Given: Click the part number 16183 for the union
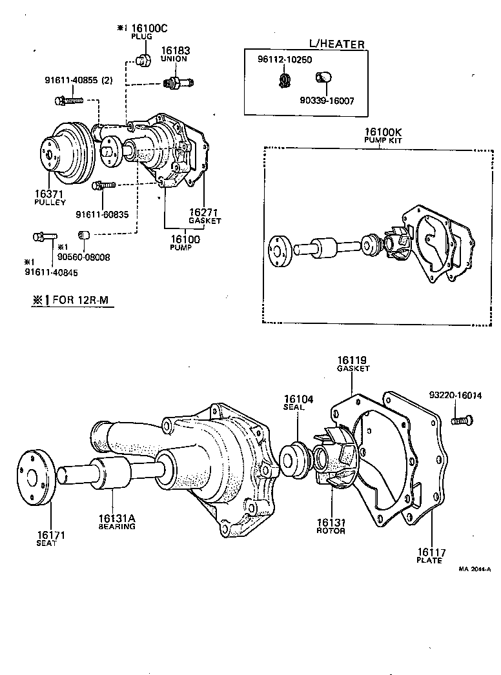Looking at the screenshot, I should click(x=174, y=50).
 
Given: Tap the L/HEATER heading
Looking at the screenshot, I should click(x=336, y=45).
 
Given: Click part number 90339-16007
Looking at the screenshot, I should click(x=326, y=101).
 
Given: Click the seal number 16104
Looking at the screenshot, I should click(x=298, y=399).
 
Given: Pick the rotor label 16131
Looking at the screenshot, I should click(x=331, y=523).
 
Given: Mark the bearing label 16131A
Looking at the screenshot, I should click(x=116, y=518).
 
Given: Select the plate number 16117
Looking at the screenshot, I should click(x=431, y=552).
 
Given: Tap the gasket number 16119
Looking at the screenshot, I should click(x=353, y=360).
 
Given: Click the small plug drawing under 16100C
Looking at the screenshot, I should click(x=144, y=61).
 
